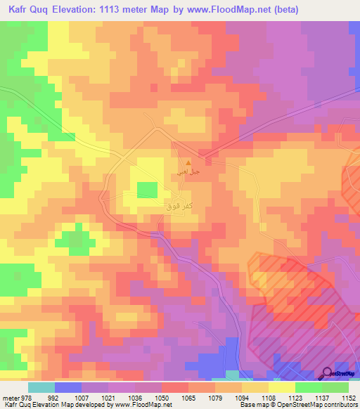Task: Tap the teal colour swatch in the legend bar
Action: point(41,387)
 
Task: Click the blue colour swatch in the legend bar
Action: point(68,387)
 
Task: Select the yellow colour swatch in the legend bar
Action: point(282,387)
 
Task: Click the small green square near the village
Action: point(146,190)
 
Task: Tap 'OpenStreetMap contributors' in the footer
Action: point(319,405)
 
